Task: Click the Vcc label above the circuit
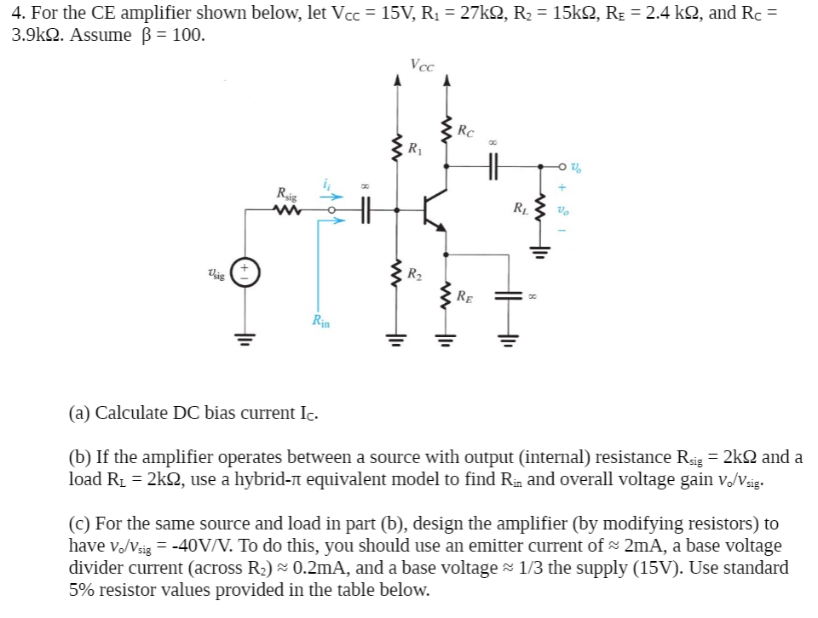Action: coord(421,64)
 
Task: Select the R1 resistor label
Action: coord(415,151)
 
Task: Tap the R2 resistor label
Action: coord(414,274)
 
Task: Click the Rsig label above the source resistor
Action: coord(287,194)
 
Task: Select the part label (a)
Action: coord(81,413)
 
